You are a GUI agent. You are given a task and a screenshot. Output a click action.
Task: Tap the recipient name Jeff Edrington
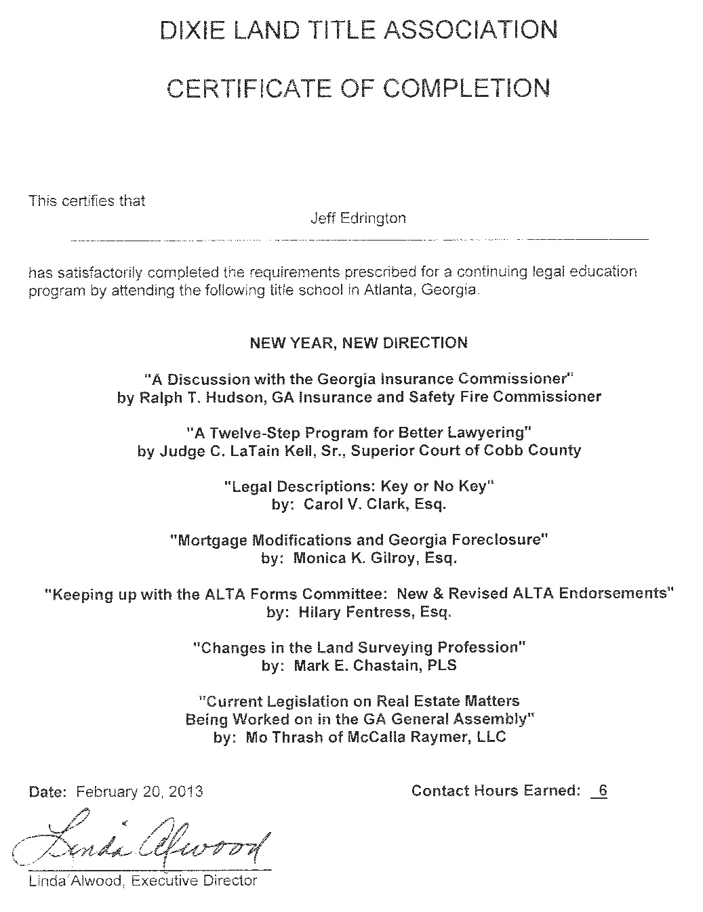click(358, 218)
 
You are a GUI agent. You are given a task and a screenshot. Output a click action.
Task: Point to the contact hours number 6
click(603, 791)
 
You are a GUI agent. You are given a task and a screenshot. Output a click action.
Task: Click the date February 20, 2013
click(139, 791)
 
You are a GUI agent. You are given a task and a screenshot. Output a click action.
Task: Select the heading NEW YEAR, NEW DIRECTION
click(359, 343)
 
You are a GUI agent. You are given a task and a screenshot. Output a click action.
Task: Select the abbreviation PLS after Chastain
click(442, 665)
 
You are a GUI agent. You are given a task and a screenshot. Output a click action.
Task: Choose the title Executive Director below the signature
click(195, 881)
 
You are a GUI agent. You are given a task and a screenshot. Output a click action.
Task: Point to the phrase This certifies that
click(87, 201)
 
